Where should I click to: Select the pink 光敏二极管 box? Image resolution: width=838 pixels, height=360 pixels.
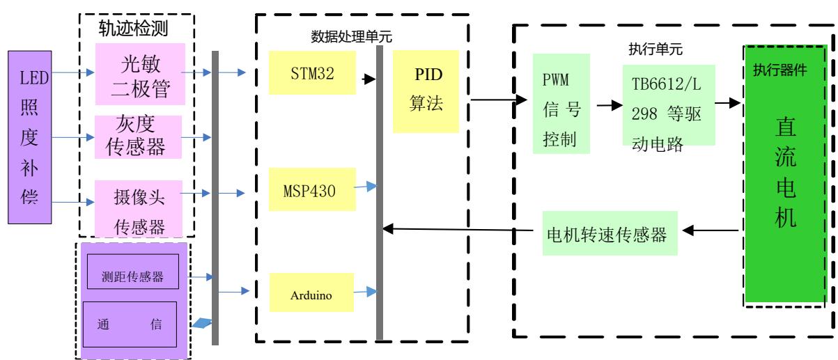[139, 72]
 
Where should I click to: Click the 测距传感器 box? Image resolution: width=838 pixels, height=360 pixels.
[132, 276]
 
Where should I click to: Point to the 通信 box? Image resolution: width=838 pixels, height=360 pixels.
[130, 324]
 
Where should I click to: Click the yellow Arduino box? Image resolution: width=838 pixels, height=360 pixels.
[311, 294]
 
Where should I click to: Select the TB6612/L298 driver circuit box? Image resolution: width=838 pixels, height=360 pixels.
[669, 106]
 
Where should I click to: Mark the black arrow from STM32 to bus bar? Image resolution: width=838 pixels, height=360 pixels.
[366, 79]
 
